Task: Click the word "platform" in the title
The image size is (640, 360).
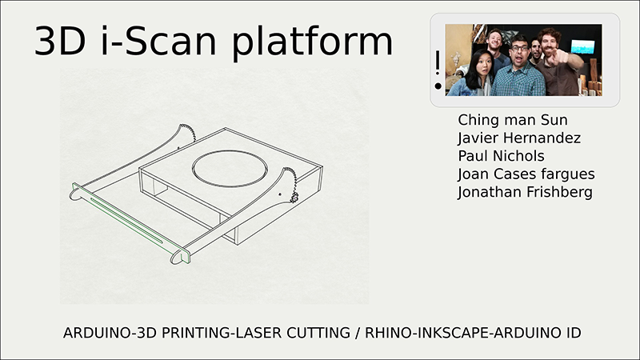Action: tap(312, 42)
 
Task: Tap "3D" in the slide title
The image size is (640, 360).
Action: tap(60, 42)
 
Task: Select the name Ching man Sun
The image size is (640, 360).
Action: tap(513, 120)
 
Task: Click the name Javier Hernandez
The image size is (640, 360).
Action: tap(519, 138)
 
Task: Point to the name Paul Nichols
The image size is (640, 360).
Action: tap(502, 156)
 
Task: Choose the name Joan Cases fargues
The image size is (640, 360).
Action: tap(526, 174)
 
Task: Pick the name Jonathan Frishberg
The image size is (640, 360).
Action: tap(525, 192)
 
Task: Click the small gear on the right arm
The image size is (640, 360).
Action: tap(294, 198)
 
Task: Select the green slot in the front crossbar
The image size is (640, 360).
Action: tap(126, 221)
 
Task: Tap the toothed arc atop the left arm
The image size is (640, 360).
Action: tap(189, 132)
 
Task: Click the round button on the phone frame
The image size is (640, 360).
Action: tap(438, 86)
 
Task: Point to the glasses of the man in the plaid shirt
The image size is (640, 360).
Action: tap(519, 48)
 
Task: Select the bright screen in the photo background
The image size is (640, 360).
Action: tap(582, 47)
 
